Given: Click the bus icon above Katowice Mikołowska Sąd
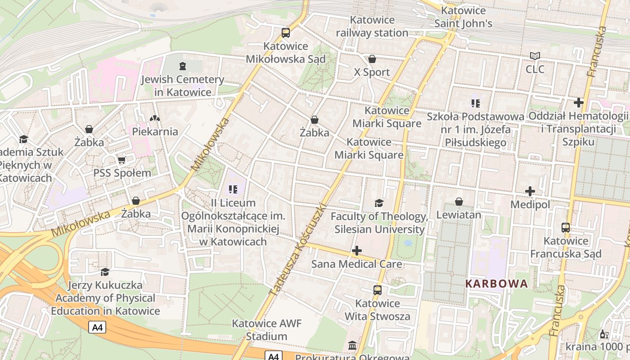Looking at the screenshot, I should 286,32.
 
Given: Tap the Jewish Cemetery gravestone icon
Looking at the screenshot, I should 182,66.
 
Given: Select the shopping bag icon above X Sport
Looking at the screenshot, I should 372,59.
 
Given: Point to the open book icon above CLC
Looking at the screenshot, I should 535,56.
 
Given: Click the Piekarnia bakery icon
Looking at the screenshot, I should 155,118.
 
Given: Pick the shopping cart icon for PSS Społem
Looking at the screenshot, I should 121,160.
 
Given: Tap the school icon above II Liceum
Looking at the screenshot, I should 233,189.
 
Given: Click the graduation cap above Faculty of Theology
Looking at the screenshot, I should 379,203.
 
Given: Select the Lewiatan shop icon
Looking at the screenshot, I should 459,202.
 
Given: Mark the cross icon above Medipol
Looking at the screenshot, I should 530,191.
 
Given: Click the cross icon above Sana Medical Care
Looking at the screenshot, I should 357,251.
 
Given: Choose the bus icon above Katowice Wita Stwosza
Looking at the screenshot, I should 378,290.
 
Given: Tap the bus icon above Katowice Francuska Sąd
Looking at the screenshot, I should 566,228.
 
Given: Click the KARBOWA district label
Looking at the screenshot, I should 496,284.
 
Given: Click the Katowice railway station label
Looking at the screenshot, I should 372,27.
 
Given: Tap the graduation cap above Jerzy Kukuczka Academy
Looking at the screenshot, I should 105,272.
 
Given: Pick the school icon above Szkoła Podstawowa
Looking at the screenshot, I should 476,103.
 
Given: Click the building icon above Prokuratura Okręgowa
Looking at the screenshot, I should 352,345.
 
